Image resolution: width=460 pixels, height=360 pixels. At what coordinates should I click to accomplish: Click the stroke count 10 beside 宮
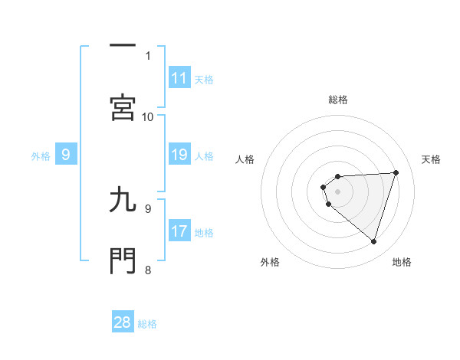(x=148, y=116)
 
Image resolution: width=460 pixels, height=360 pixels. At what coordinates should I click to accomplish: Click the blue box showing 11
(x=179, y=78)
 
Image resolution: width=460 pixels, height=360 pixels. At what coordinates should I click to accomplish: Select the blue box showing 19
(x=179, y=155)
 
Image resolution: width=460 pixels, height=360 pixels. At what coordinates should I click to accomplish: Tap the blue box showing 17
(x=179, y=231)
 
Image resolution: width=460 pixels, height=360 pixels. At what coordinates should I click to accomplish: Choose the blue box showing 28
(x=123, y=322)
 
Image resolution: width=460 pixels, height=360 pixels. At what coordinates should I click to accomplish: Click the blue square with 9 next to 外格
(x=66, y=155)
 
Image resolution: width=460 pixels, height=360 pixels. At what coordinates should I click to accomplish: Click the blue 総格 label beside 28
(x=147, y=323)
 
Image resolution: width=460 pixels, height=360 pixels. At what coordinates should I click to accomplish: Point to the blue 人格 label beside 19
(x=204, y=155)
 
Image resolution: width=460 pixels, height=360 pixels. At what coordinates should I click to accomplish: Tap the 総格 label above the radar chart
(x=338, y=100)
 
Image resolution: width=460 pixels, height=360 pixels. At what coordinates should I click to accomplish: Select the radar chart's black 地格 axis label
(x=402, y=262)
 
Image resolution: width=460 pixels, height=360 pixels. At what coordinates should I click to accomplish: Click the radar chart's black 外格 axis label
(x=270, y=262)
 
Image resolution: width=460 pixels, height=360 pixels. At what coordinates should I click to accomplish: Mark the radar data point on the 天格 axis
(x=396, y=172)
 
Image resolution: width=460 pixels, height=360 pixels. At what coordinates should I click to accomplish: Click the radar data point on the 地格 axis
(x=373, y=241)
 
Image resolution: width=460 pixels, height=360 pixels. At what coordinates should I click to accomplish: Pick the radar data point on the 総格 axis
(x=338, y=175)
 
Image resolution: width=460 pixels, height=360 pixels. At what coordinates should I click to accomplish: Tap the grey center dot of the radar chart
(x=338, y=191)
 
